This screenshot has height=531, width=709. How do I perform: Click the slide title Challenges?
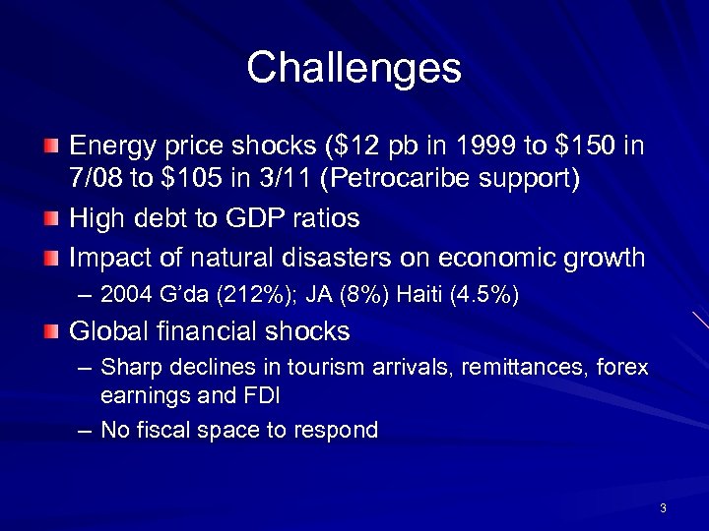pos(354,68)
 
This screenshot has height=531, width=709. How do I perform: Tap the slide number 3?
pos(664,508)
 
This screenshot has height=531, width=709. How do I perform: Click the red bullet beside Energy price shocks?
pos(51,147)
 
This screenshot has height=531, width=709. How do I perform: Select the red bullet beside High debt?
pos(51,217)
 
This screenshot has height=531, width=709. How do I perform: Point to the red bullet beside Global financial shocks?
pos(51,331)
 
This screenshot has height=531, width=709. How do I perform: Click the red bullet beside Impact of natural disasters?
pos(51,259)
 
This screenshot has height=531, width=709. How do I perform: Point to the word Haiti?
pos(415,294)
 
